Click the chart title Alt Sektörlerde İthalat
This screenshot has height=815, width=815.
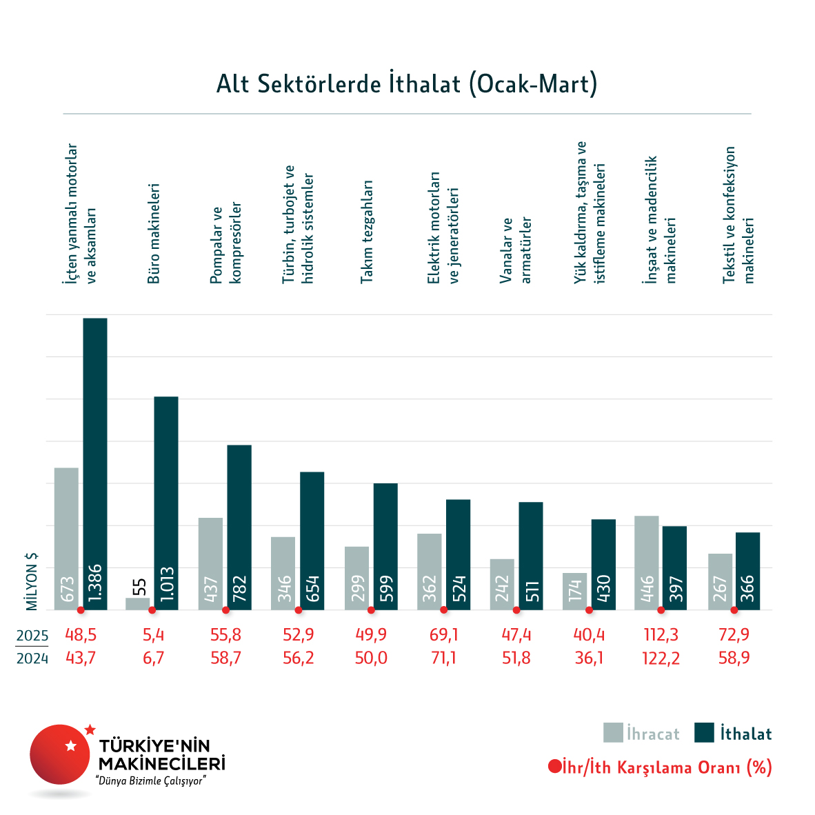[x=407, y=84]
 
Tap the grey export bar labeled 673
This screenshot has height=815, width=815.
[x=66, y=538]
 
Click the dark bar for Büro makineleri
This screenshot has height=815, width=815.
[x=166, y=503]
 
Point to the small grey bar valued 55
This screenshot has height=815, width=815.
[x=138, y=603]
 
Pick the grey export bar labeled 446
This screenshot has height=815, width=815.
[x=647, y=562]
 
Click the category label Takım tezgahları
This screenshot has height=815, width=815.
[x=367, y=231]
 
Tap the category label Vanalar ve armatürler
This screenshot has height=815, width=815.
[x=516, y=250]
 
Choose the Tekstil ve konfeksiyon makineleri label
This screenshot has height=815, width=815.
[x=738, y=214]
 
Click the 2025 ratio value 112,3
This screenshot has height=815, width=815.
[x=661, y=634]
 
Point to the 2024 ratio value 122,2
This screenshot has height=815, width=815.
[x=661, y=658]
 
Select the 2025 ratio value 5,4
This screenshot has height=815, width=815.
[x=153, y=634]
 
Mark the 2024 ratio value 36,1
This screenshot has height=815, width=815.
[x=589, y=658]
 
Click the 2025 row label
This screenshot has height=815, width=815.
[x=32, y=635]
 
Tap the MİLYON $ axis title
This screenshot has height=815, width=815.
[x=32, y=581]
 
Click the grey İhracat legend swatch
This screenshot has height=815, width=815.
[x=613, y=733]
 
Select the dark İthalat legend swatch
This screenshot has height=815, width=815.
[x=704, y=733]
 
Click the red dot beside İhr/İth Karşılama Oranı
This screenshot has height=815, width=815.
[x=554, y=767]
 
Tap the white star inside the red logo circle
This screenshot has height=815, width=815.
[x=70, y=745]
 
